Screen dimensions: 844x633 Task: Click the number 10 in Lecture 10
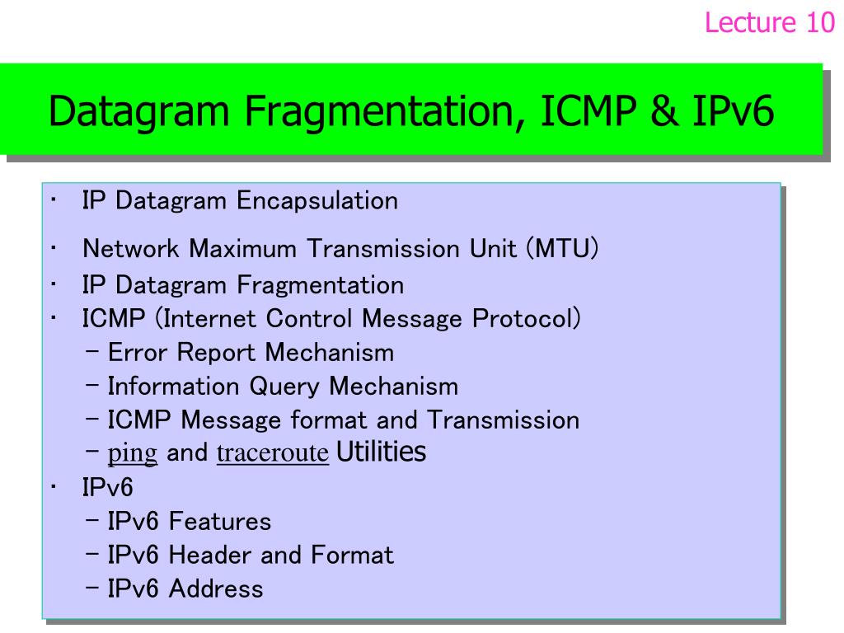(820, 22)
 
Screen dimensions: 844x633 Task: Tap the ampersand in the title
(664, 110)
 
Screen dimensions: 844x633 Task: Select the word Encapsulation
(317, 201)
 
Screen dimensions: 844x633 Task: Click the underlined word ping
(133, 452)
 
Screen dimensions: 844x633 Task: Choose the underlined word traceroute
(273, 452)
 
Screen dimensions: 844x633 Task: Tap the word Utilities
(381, 451)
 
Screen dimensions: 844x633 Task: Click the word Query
(284, 387)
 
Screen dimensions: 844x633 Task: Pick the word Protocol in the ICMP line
(521, 319)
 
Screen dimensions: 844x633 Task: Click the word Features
(219, 522)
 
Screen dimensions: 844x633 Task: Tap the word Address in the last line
(216, 588)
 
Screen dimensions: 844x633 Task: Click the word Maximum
(243, 249)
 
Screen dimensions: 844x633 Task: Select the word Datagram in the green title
(139, 112)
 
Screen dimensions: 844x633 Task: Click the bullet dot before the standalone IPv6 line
(54, 487)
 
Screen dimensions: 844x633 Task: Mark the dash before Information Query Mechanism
(92, 386)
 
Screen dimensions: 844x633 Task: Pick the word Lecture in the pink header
(750, 22)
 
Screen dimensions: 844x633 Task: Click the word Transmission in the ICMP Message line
(504, 420)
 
